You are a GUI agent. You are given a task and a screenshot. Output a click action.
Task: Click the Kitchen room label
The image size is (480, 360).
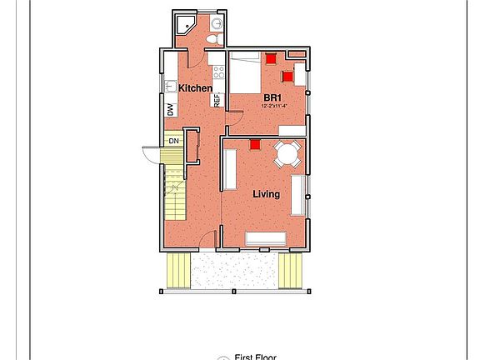pos(195,88)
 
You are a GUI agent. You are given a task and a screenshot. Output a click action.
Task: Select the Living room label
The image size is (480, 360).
pos(266,194)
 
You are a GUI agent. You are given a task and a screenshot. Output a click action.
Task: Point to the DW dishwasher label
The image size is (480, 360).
pos(170,109)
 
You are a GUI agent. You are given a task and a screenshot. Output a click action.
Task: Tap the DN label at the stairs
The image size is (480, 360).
pos(173,141)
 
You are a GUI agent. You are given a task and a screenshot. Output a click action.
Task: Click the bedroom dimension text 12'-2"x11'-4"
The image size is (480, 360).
pos(275,107)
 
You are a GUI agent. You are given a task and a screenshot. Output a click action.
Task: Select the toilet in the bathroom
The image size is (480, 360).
pos(212,38)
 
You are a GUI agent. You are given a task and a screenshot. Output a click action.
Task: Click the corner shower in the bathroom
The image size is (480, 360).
pos(185,25)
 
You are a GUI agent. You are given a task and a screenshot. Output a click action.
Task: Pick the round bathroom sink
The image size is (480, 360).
pos(217,22)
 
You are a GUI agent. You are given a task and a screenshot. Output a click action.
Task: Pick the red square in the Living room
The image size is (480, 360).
pos(255,143)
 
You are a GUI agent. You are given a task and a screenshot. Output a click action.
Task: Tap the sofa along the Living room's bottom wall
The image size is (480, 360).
pos(266,239)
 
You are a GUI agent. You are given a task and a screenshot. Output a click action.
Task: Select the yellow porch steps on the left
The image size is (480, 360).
pos(179,271)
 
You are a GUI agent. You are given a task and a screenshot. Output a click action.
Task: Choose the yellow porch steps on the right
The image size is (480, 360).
pos(289,270)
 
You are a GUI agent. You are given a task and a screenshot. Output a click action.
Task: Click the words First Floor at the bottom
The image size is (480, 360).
pos(255,357)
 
